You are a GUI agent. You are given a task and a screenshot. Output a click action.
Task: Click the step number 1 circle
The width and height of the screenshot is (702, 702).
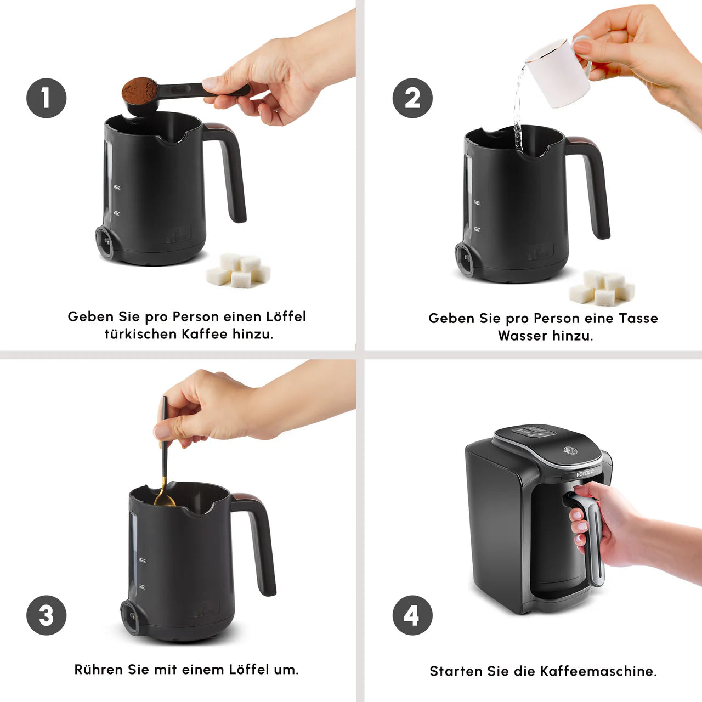click(x=46, y=98)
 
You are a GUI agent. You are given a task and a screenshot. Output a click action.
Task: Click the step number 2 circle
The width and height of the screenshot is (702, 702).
click(x=412, y=98)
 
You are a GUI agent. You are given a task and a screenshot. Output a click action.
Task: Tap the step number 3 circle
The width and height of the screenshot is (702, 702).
click(x=46, y=615)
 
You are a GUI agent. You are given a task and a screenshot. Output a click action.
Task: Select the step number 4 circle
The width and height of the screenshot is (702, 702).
click(x=412, y=615)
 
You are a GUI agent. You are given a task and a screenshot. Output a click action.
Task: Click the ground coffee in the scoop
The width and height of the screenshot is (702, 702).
click(x=139, y=90)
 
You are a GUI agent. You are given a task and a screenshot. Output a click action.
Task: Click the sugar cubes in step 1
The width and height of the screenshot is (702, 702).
click(x=239, y=270)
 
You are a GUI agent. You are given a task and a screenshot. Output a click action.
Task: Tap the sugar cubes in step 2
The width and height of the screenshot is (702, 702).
click(x=602, y=288)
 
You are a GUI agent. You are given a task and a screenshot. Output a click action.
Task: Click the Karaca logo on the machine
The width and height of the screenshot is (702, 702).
click(x=585, y=474)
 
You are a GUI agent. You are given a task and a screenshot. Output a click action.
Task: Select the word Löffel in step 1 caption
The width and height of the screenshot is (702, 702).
click(x=286, y=316)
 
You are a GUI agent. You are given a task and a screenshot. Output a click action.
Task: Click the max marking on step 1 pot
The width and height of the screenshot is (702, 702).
click(x=117, y=188)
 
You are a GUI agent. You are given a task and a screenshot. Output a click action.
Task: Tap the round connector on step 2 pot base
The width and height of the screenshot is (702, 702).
click(x=464, y=259)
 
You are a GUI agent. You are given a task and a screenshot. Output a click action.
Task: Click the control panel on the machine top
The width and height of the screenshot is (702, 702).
click(x=534, y=432)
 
